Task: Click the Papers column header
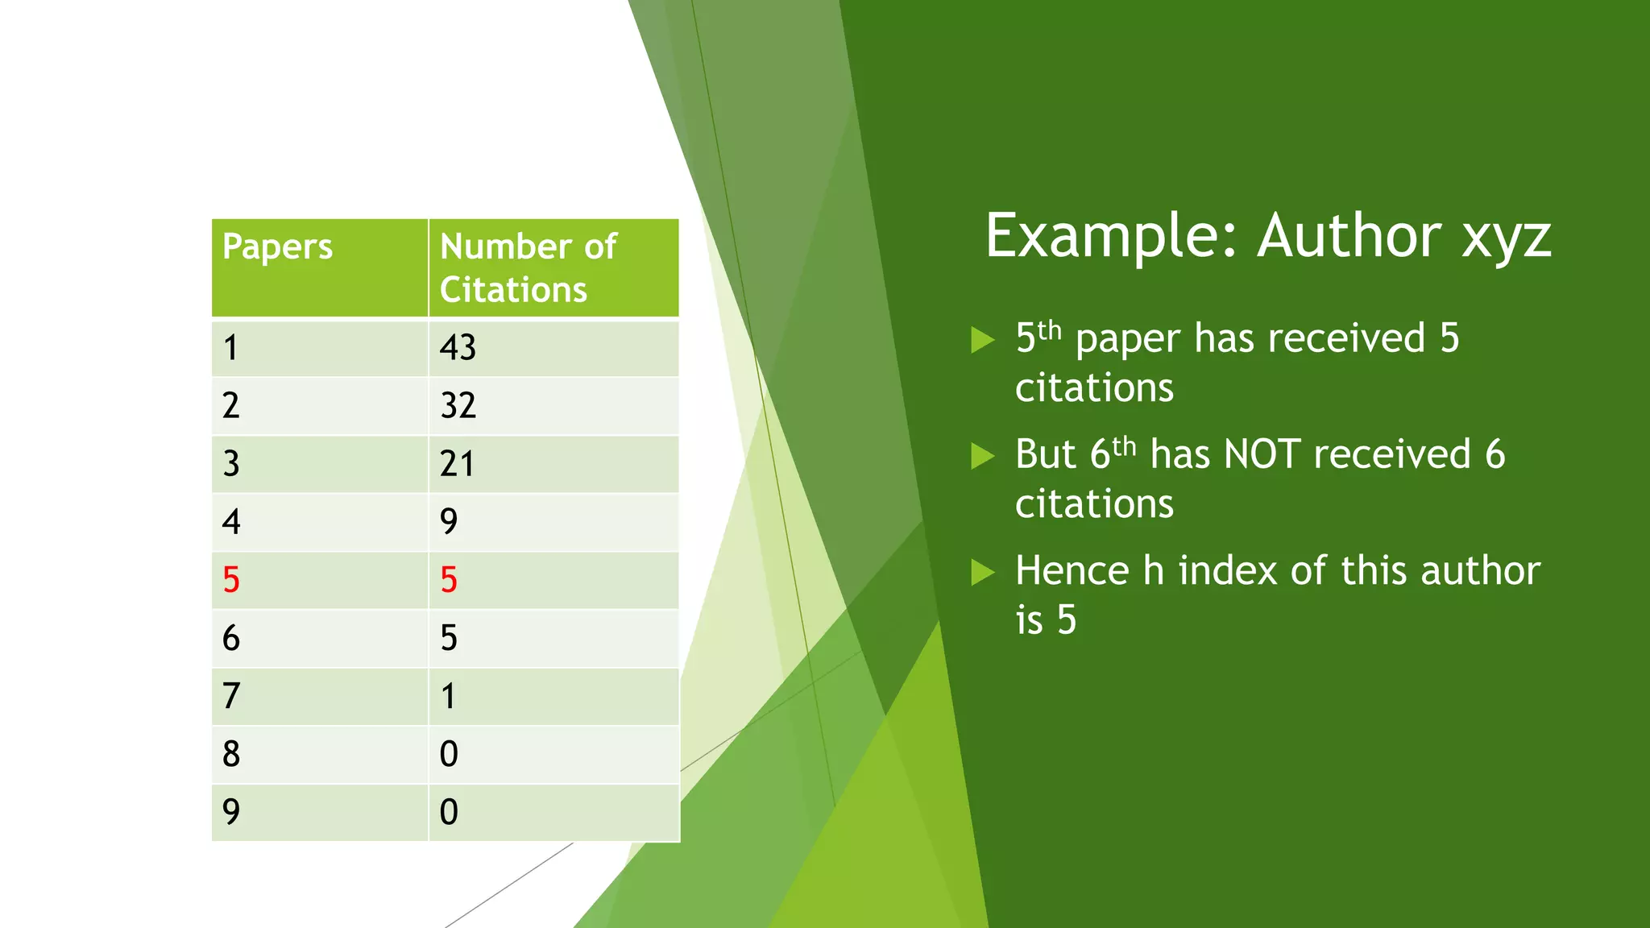pos(277,247)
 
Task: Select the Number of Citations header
pos(528,267)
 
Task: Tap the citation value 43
pos(458,348)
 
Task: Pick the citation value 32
pos(458,405)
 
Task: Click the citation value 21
pos(457,464)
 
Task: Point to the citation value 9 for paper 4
pos(449,522)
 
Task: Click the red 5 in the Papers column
pos(231,580)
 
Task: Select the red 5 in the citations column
pos(449,580)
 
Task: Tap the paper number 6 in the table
pos(231,638)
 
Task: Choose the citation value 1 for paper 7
pos(449,696)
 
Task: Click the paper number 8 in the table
pos(231,754)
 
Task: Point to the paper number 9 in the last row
pos(231,812)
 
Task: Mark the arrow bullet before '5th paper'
pos(983,340)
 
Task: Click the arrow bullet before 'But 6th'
pos(983,456)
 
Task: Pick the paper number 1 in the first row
pos(231,348)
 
